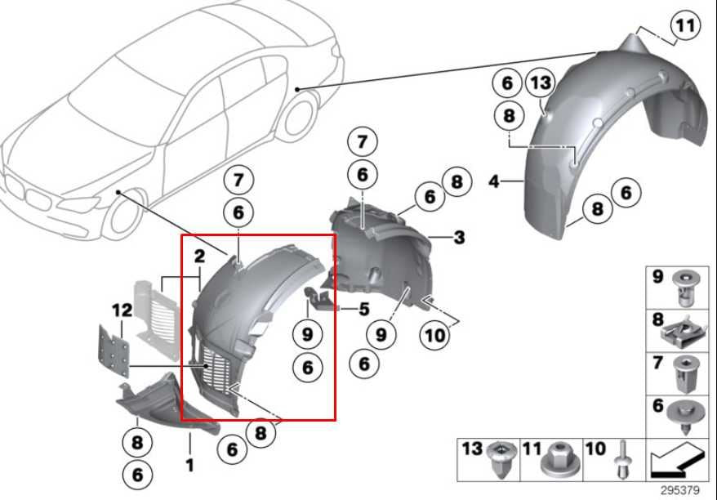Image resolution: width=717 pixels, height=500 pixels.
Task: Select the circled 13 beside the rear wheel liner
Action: [x=540, y=83]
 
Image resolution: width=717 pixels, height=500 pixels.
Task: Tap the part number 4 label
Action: [x=493, y=181]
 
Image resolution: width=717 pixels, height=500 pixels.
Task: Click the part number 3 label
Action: [x=460, y=238]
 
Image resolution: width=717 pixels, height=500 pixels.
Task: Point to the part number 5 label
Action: [x=364, y=309]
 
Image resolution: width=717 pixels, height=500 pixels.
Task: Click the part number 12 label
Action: [x=121, y=310]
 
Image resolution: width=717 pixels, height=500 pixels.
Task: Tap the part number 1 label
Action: [x=189, y=466]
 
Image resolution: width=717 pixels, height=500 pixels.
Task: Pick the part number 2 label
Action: [x=198, y=257]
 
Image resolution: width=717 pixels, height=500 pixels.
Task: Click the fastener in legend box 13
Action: [x=500, y=460]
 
